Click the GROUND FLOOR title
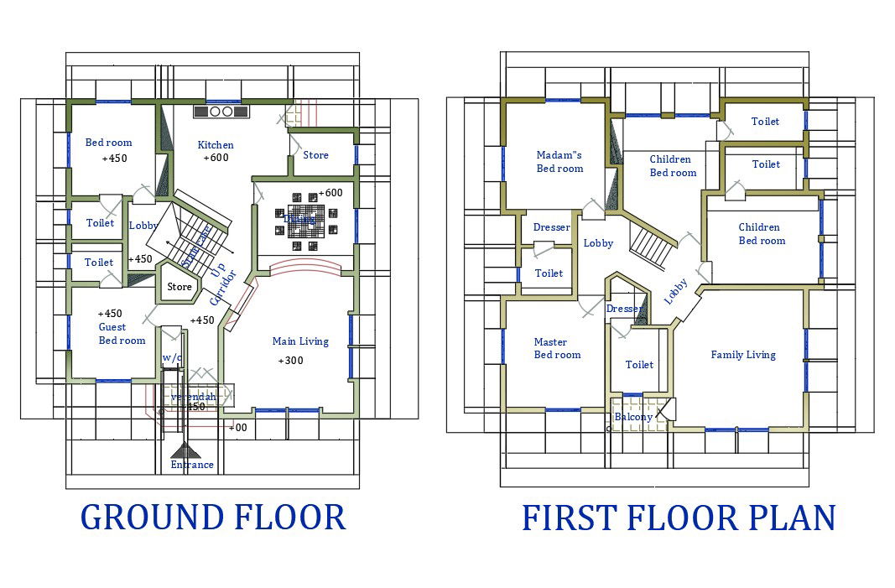pos(213,518)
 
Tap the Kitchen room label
pos(216,145)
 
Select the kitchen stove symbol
pos(222,111)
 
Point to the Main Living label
pos(300,341)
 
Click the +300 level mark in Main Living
pos(290,361)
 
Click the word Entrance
pos(192,465)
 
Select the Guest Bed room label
pos(122,334)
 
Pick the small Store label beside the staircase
pos(180,287)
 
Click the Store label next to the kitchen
pos(315,155)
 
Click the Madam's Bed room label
pos(559,161)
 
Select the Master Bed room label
pos(557,348)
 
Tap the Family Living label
pos(743,355)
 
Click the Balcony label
pos(633,417)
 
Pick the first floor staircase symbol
pos(652,244)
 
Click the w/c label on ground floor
pos(172,357)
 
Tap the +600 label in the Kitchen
pos(216,159)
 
